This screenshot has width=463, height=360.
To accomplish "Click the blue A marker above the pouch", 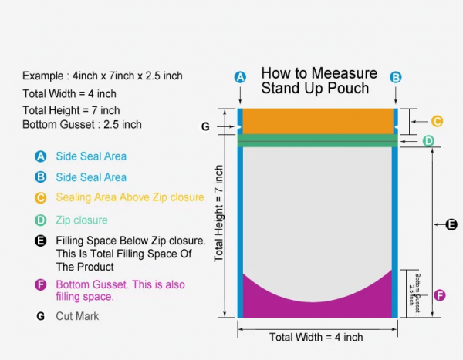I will click(240, 77).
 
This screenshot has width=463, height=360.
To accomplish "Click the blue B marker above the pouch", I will click(396, 77).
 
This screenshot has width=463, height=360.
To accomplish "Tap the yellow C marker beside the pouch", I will click(437, 121).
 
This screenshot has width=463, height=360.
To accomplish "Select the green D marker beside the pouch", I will click(428, 140).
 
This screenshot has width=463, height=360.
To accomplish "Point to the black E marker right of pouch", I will click(451, 225).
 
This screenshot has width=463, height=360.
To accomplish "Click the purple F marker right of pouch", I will click(440, 294).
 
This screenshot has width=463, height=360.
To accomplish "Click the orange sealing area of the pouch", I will click(317, 121).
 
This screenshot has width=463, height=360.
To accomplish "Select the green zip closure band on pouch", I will click(317, 140).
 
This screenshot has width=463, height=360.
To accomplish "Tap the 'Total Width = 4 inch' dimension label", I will click(316, 337).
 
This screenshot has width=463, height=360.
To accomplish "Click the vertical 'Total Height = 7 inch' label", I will click(219, 212).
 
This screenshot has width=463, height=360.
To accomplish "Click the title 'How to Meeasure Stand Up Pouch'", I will click(319, 80).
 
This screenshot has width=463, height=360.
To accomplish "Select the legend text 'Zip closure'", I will click(82, 220).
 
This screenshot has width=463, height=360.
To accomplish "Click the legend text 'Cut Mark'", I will click(77, 316).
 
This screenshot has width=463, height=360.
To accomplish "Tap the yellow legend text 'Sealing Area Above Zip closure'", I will click(130, 197).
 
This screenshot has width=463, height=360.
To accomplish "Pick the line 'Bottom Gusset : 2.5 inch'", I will click(82, 124).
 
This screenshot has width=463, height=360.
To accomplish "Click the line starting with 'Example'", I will click(103, 76).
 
